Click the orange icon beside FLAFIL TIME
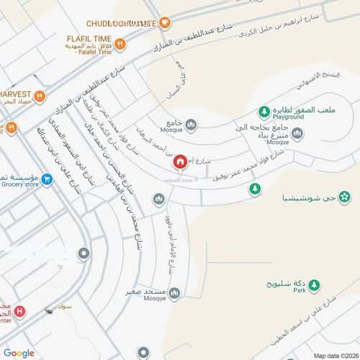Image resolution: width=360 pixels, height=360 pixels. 120,43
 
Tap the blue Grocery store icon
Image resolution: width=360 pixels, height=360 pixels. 47,179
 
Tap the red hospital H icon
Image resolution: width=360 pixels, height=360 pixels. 19,312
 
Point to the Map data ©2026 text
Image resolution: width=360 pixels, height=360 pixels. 333,355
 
